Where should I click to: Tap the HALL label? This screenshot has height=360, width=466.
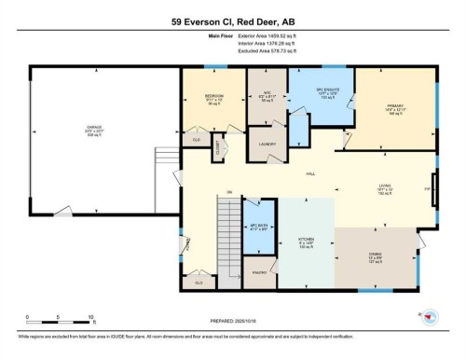308,173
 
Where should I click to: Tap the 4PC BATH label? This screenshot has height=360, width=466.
258,227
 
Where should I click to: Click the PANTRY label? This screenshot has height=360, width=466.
261,272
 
